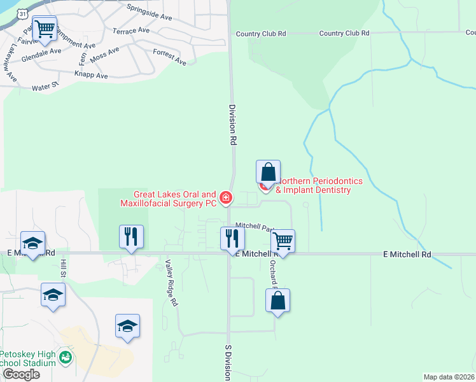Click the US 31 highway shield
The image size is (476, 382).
click(x=22, y=13)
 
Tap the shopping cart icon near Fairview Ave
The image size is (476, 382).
click(x=45, y=28)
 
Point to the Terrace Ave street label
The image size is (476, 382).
click(x=131, y=31)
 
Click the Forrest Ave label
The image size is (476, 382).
click(x=170, y=57)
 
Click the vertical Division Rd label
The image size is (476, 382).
click(x=233, y=126)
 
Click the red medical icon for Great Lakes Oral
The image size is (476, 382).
click(x=225, y=199)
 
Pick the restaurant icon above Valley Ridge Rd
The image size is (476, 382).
click(x=131, y=237)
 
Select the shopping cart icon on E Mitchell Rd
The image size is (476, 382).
click(x=282, y=241)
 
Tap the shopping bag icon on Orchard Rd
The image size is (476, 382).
click(x=278, y=301)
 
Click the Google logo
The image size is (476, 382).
click(x=20, y=374)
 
